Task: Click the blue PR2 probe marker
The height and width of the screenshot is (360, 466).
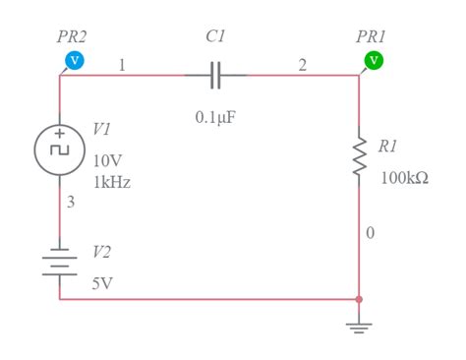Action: (74, 61)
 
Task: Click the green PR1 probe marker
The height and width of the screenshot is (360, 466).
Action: (374, 61)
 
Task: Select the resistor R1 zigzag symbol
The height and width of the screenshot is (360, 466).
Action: (359, 153)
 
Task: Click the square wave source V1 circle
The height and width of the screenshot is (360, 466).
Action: (60, 149)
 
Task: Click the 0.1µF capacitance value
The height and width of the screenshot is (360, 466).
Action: (216, 117)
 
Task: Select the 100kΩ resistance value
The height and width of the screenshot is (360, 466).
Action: (404, 178)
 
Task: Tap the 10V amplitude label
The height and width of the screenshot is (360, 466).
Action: (109, 161)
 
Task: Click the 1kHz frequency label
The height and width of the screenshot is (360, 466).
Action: (112, 182)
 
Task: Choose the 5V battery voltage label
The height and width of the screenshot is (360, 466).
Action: (102, 283)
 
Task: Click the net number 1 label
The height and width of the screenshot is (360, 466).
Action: (122, 65)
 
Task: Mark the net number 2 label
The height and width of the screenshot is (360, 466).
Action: (302, 65)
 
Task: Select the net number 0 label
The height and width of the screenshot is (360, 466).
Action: (370, 233)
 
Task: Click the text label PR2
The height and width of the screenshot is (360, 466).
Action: (72, 36)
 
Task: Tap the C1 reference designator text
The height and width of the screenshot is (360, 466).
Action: (215, 36)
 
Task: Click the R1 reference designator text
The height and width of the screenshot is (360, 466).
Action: (387, 146)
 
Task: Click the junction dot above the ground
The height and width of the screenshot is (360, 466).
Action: (359, 298)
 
